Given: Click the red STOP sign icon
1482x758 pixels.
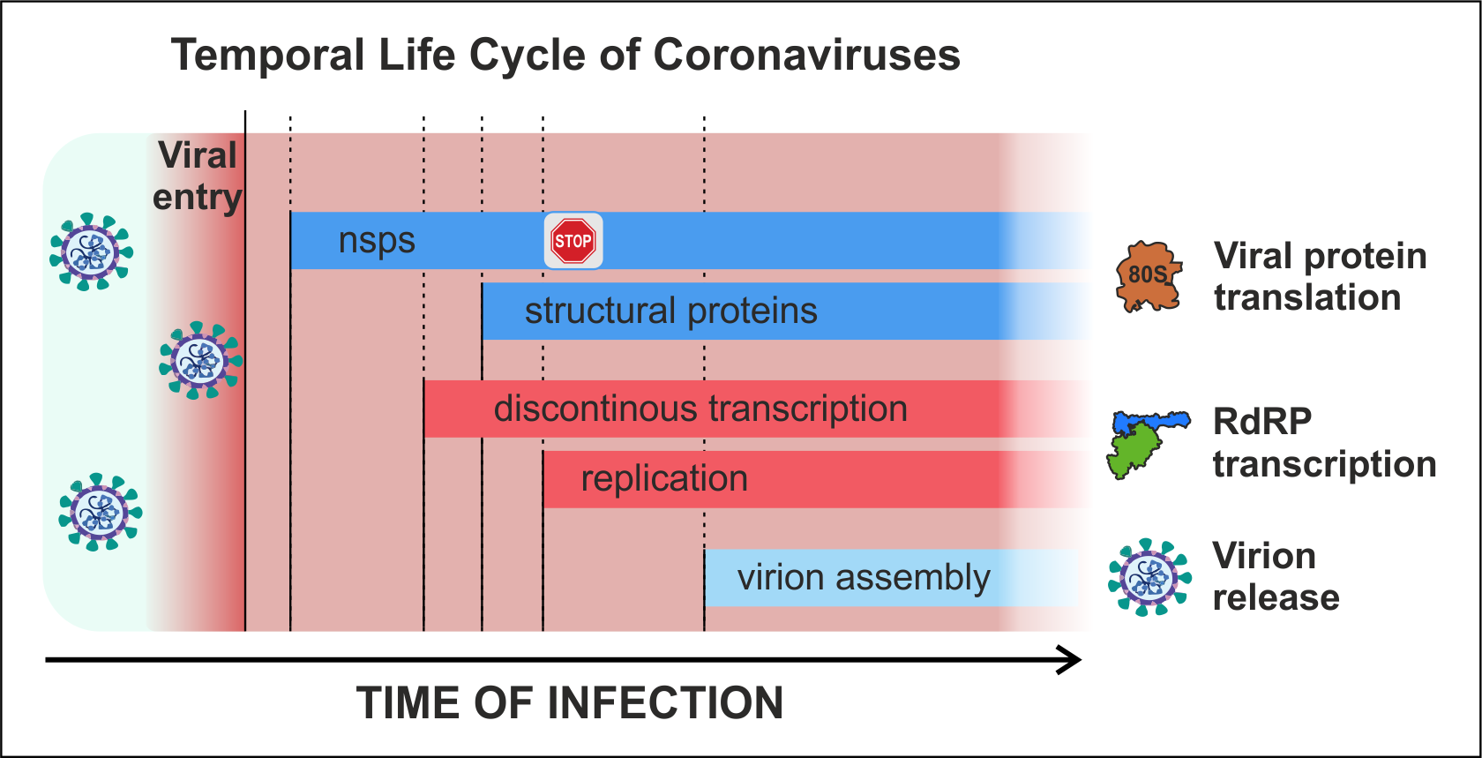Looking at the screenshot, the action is tap(573, 240).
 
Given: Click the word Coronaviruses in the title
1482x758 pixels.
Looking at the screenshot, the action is tap(806, 55).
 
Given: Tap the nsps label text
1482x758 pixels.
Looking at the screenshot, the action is tap(377, 241).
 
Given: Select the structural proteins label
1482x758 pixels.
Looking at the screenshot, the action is tap(670, 311).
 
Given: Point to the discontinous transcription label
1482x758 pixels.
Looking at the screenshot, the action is tap(700, 409).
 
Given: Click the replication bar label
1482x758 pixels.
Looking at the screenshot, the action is tap(664, 478).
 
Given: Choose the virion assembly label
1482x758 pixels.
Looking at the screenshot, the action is tap(864, 577).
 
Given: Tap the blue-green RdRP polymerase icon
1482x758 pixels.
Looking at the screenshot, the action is tap(1148, 444).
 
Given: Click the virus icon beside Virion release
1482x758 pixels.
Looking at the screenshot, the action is tap(1150, 577).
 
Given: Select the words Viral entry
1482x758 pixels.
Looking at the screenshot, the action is tap(198, 176).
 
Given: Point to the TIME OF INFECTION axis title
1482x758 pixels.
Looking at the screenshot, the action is tap(570, 702).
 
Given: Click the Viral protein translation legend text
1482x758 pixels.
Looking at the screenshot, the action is tap(1320, 276).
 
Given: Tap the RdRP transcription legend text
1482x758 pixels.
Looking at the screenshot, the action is tap(1324, 442).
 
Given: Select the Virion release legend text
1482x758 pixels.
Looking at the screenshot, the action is tap(1276, 576).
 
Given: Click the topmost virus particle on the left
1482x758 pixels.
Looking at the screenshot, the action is tap(92, 251).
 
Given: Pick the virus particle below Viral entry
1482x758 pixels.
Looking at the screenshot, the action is tap(200, 361).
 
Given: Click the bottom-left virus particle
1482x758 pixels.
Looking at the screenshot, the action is tap(100, 512).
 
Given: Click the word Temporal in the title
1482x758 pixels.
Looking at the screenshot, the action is tap(268, 56).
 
